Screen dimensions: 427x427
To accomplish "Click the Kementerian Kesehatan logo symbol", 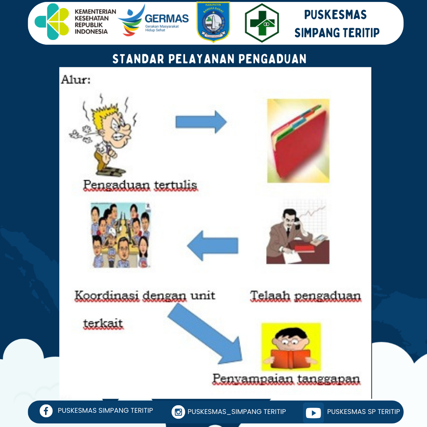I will coord(52,22).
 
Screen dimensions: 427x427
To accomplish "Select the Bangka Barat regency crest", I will coord(213,22).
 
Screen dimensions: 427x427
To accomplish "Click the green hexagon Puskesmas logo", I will coord(262,23).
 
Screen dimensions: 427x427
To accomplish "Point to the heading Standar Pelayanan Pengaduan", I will coord(210,59).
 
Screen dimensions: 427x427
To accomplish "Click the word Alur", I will coord(76,79).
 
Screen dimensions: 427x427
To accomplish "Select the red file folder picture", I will coord(299,141).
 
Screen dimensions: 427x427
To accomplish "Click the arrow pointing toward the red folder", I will coord(201,122).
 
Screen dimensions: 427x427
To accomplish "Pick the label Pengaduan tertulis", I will coord(140,185).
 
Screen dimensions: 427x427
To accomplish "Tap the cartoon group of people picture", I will coord(120,235).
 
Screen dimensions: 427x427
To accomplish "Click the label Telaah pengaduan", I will coord(306,296).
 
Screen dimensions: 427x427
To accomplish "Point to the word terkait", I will coord(103,323).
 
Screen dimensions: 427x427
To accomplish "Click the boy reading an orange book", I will coord(291,347).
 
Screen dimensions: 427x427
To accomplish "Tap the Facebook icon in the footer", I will coord(46,411).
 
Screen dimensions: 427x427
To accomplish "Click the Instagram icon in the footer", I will coord(178,412).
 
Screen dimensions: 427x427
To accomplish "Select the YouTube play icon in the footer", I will coord(313,413).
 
